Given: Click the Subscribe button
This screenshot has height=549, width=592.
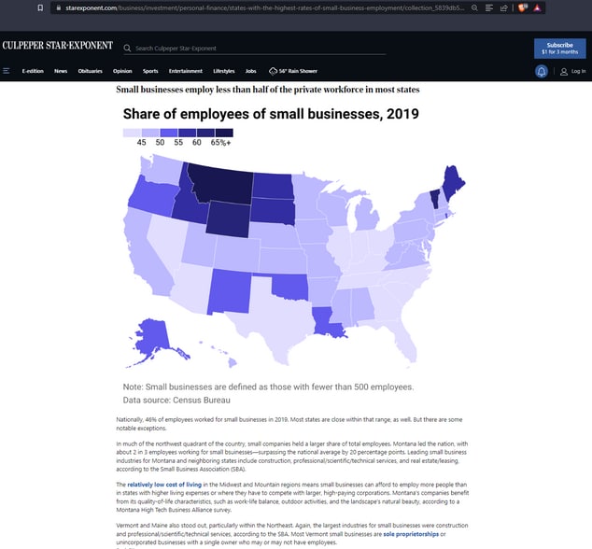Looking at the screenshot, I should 559,48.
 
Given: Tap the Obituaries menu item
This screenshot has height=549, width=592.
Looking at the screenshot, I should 91,71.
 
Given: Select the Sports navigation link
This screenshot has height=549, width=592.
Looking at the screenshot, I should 150,71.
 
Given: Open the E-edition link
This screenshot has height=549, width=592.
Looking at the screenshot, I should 34,71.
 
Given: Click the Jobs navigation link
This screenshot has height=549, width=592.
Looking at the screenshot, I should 250,71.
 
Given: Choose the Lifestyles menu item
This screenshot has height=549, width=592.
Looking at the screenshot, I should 223,71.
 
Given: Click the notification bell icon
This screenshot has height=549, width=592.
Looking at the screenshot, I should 542,71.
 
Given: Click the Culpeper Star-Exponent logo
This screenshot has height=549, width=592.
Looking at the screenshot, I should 57,46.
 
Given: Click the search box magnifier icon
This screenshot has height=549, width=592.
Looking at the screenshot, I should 127,48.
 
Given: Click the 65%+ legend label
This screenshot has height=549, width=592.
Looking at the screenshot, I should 221,142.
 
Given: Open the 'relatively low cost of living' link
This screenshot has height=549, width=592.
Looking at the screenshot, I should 165,486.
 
